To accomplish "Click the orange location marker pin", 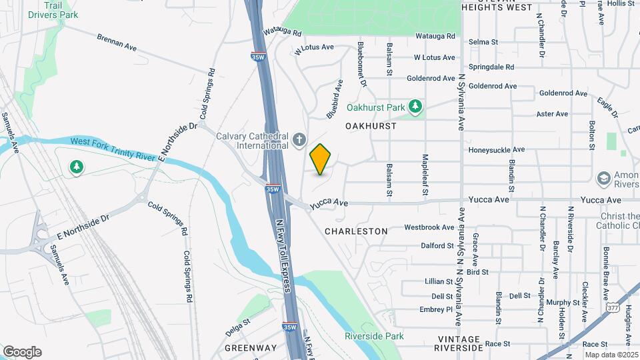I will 321,159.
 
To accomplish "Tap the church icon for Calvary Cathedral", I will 300,140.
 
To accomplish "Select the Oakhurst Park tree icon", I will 416,106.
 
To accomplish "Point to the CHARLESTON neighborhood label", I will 356,231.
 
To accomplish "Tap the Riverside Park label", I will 374,336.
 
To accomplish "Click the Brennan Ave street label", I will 116,43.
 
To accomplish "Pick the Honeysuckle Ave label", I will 497,150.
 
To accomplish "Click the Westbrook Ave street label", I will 429,227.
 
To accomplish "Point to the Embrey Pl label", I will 437,309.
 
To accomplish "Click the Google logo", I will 22,352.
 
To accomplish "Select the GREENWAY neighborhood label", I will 251,348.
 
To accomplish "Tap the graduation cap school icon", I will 603,179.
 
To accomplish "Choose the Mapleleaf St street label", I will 425,175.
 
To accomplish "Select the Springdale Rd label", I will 491,67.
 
